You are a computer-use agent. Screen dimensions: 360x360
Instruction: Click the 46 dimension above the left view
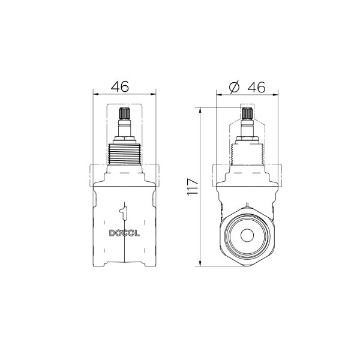pos(120,86)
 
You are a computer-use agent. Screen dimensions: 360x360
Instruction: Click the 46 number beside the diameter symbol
pos(256,87)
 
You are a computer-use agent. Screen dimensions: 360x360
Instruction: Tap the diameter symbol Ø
pos(234,87)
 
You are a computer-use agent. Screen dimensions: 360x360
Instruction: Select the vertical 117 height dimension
pos(193,187)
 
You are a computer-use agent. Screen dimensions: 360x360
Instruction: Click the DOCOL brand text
pos(124,233)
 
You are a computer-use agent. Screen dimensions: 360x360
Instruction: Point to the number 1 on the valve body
pos(124,214)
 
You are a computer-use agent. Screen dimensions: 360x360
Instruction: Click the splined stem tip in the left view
pos(125,113)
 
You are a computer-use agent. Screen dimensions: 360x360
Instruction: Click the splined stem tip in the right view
pos(247,113)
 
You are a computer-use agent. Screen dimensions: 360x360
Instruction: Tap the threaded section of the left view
pos(124,154)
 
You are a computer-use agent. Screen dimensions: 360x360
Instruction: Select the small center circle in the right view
pos(247,235)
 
